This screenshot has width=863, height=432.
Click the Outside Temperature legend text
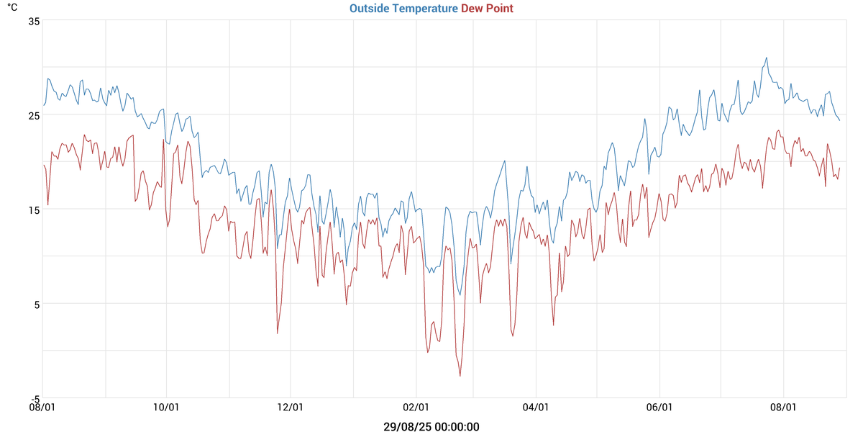pyautogui.click(x=403, y=9)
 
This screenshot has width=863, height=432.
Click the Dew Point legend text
pyautogui.click(x=487, y=9)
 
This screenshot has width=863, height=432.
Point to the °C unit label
pyautogui.click(x=12, y=8)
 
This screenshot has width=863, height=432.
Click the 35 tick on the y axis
pyautogui.click(x=33, y=21)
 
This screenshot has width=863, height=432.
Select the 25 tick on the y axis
pyautogui.click(x=33, y=115)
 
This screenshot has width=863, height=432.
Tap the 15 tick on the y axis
pyautogui.click(x=33, y=210)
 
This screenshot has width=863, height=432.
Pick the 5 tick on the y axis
pyautogui.click(x=35, y=304)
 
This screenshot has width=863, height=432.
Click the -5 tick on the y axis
pyautogui.click(x=33, y=398)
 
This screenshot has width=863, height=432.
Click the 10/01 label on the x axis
pyautogui.click(x=166, y=408)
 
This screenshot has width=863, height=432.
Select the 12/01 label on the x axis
pyautogui.click(x=290, y=408)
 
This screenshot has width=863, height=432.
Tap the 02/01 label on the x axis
pyautogui.click(x=415, y=408)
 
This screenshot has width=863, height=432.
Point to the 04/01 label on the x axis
pyautogui.click(x=536, y=408)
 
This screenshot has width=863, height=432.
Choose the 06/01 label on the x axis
pyautogui.click(x=659, y=408)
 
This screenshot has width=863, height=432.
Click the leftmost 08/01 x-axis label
pyautogui.click(x=42, y=408)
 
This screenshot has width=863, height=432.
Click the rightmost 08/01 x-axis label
pyautogui.click(x=783, y=408)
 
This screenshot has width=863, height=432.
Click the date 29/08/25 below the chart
pyautogui.click(x=406, y=427)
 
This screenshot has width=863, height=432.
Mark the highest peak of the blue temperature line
pyautogui.click(x=767, y=58)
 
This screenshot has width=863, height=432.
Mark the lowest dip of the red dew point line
pyautogui.click(x=460, y=376)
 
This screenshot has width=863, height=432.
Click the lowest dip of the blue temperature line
pyautogui.click(x=460, y=295)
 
